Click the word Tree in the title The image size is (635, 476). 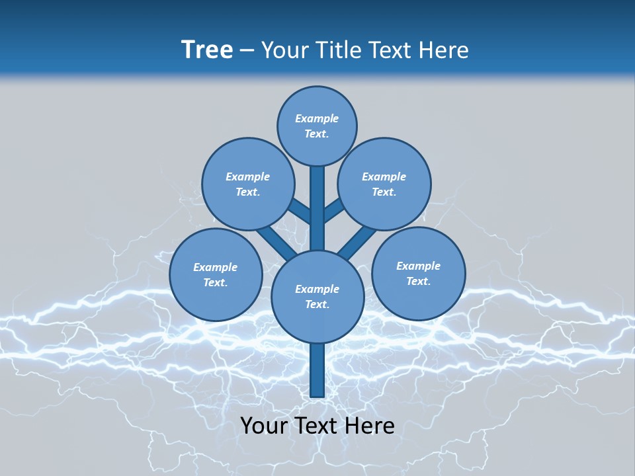pyautogui.click(x=207, y=50)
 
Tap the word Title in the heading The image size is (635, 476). pyautogui.click(x=338, y=50)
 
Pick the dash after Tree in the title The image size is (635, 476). pyautogui.click(x=247, y=50)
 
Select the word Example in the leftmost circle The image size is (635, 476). pyautogui.click(x=215, y=267)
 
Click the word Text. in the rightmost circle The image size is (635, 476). pyautogui.click(x=418, y=281)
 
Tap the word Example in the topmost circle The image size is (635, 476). pyautogui.click(x=317, y=118)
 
